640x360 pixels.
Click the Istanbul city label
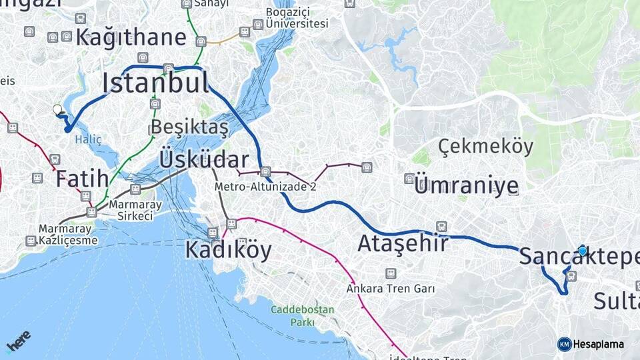[x=155, y=83]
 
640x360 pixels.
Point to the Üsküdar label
[x=204, y=160]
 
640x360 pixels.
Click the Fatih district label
[x=82, y=179]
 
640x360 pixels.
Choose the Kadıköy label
[x=228, y=250]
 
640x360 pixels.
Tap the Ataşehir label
[x=403, y=244]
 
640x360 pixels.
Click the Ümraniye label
[x=466, y=186]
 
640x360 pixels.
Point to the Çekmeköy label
[x=486, y=147]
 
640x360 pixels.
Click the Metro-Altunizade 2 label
[x=265, y=187]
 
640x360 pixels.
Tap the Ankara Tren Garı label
[x=391, y=289]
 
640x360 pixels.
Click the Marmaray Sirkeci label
[x=131, y=210]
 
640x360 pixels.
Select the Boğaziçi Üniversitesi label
[x=297, y=18]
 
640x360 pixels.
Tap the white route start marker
[x=57, y=109]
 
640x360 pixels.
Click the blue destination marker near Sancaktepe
[x=583, y=251]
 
